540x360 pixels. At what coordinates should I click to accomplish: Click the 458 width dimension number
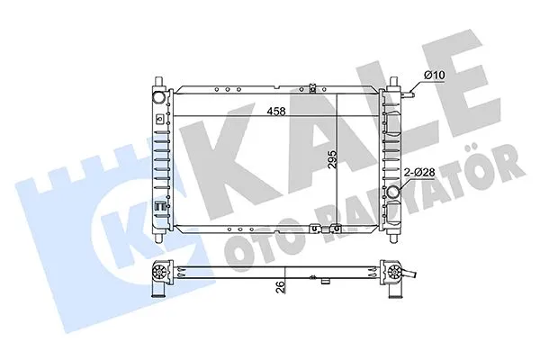tap(276, 112)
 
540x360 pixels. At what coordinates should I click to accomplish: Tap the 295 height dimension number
tap(332, 159)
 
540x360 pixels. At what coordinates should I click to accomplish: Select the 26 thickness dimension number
tap(282, 286)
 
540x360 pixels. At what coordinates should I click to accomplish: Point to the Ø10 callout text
tap(435, 75)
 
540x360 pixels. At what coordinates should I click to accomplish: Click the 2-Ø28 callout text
tap(419, 172)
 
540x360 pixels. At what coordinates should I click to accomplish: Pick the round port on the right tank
tap(393, 192)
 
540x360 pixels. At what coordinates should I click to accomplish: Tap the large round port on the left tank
tap(159, 96)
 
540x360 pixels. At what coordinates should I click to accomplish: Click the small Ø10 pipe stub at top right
tap(409, 93)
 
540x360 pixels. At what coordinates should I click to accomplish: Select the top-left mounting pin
tap(158, 82)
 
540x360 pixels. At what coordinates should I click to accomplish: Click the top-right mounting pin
tap(393, 82)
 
